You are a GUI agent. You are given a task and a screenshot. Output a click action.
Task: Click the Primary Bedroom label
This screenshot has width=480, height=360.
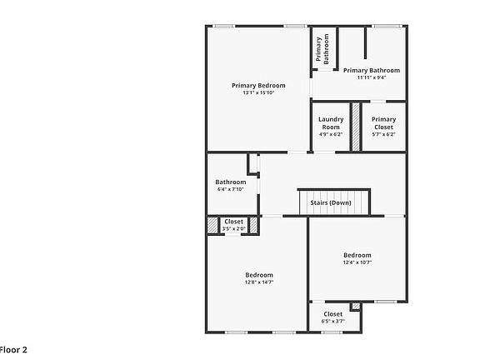pos(258,86)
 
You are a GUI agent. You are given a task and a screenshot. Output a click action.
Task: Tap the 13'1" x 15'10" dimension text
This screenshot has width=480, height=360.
pos(258,93)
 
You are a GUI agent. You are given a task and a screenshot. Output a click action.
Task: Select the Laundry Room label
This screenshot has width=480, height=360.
pos(331,123)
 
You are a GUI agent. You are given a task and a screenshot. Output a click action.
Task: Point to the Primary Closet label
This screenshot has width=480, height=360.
pos(383,123)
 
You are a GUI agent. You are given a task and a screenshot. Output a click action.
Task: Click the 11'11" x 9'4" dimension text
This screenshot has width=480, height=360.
pos(372,78)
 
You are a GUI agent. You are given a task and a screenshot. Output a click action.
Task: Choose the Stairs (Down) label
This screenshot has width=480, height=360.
pos(331,202)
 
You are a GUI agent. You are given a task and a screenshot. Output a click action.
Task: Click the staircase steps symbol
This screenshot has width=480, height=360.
pos(334,202)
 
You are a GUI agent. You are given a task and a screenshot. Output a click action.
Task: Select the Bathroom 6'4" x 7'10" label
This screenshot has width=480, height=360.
pos(231,185)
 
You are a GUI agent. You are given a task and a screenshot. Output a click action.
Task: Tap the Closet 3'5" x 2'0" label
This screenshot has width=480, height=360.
pos(234,225)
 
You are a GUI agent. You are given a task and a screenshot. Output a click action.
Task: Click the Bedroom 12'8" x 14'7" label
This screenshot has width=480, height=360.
pos(258,278)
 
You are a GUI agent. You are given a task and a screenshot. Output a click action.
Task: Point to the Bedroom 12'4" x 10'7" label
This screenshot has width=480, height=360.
pos(357,258)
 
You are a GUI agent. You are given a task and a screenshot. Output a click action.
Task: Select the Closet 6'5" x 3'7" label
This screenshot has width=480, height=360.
pos(332,317)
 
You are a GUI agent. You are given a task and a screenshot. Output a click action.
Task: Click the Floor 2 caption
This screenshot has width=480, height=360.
pos(12,349)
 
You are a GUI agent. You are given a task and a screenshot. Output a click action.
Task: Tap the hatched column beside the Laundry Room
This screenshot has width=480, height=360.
pos(355,127)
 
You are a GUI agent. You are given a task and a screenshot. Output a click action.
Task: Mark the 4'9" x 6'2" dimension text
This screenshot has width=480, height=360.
pos(331,134)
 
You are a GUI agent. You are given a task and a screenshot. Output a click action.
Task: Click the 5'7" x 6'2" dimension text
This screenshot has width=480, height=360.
pos(383,134)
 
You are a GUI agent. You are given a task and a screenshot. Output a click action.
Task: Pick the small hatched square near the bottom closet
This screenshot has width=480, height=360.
pos(356,307)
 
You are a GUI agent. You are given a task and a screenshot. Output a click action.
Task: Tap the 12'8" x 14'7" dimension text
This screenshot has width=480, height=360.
pos(258,282)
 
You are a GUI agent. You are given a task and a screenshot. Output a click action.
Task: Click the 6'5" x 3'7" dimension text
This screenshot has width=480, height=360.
pos(332,322)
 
